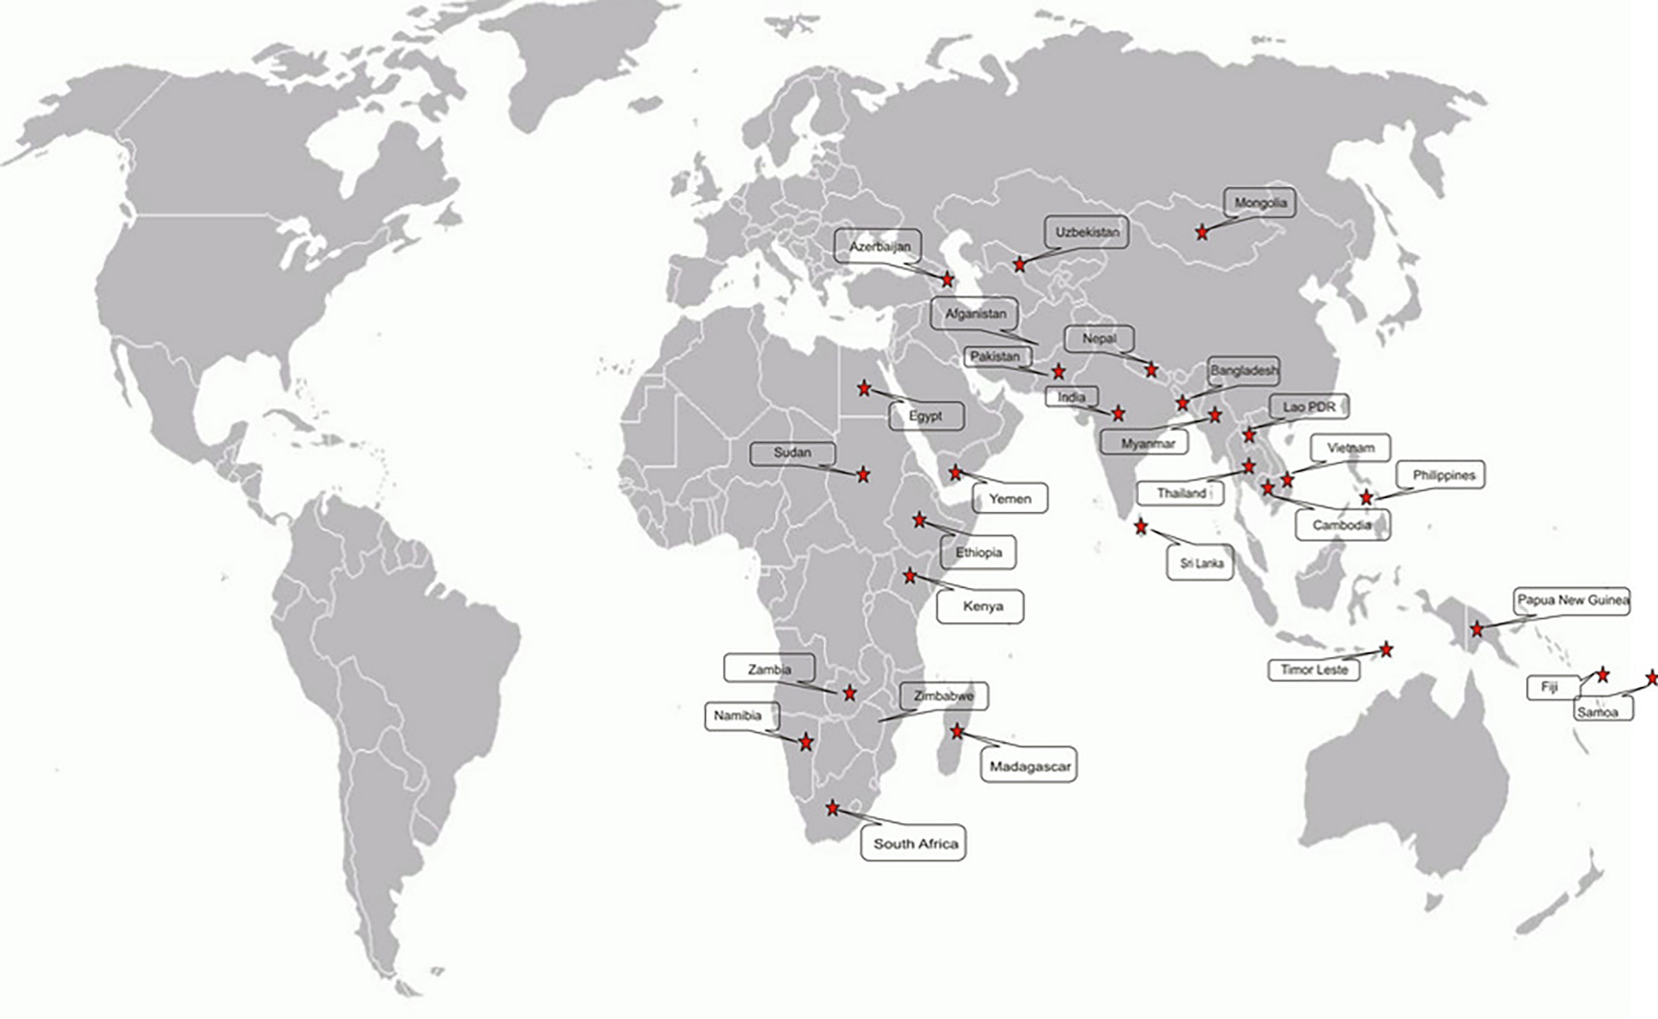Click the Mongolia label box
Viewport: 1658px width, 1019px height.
click(1260, 203)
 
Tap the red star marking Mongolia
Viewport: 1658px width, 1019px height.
click(1202, 233)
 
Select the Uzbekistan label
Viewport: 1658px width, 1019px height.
click(1087, 232)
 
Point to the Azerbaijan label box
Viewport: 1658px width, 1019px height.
click(879, 247)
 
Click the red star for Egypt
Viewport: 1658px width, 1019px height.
click(864, 388)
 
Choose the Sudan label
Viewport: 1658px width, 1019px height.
click(792, 453)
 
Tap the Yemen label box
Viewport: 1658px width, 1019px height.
click(1010, 498)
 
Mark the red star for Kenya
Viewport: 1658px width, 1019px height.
click(910, 576)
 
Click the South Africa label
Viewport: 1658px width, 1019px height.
click(915, 843)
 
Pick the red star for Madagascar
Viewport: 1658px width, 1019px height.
click(957, 731)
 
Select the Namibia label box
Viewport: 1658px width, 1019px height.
click(737, 716)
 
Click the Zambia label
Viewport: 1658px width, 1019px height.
click(770, 670)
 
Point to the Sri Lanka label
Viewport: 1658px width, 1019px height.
click(1202, 563)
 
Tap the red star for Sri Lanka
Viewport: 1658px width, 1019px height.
click(1141, 526)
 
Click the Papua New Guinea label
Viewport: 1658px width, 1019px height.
click(1573, 601)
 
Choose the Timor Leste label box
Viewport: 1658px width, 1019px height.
click(1314, 671)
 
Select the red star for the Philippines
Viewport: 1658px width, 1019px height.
click(1367, 497)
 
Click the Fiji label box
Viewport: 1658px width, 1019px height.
click(1549, 687)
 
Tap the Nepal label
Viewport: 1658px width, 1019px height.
click(1099, 338)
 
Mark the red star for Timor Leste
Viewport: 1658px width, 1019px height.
click(1387, 649)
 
